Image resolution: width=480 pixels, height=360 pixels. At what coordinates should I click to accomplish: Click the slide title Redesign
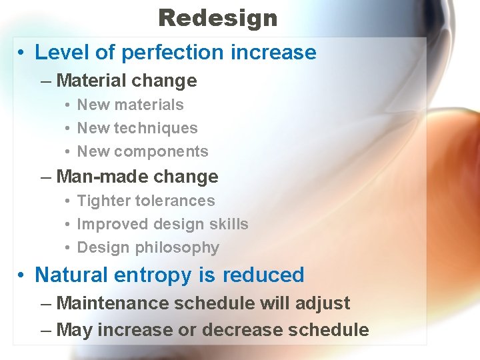coord(218,18)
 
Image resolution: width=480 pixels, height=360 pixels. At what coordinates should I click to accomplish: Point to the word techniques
coord(156,128)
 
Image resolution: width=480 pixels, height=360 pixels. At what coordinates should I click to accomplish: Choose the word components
coord(161,152)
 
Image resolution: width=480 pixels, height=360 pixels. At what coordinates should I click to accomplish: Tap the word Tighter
coord(101,201)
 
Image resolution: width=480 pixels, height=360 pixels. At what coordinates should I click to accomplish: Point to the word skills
coord(228,224)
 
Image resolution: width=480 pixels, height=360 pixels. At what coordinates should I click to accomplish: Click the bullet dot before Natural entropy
coord(22,275)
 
